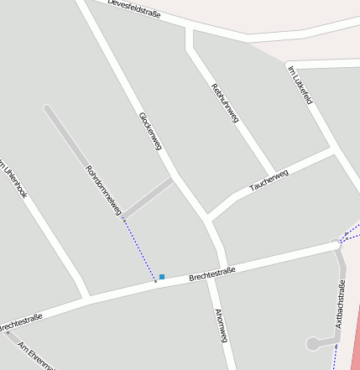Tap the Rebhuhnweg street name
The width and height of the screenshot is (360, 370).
(x=225, y=103)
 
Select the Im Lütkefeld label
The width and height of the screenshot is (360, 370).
(x=300, y=86)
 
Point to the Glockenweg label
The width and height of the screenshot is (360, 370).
(x=149, y=133)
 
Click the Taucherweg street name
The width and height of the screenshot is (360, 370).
(x=269, y=180)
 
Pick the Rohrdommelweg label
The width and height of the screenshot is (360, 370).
(x=104, y=190)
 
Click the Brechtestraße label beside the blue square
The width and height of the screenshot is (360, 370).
(x=211, y=274)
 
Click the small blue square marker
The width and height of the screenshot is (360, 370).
(x=162, y=276)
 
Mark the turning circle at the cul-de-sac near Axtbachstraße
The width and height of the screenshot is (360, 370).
(x=313, y=343)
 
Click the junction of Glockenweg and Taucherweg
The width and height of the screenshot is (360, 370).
(x=208, y=218)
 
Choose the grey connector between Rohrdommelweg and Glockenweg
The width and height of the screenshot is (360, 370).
(x=149, y=197)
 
